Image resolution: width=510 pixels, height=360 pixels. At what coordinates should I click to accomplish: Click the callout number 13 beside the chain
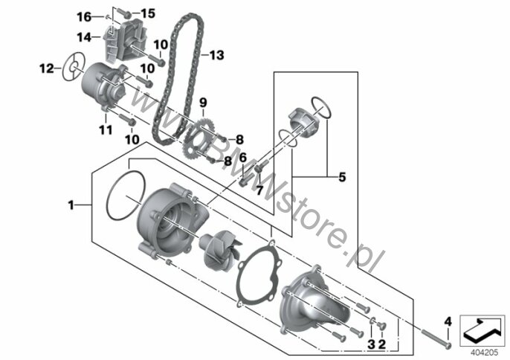(216, 55)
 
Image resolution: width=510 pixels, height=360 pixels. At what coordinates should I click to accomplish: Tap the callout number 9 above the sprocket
(203, 103)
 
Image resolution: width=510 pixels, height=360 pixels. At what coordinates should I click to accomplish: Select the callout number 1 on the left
(71, 205)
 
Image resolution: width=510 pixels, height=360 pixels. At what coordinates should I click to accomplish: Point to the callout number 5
(342, 177)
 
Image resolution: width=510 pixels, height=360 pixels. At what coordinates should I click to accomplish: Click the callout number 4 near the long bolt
(448, 322)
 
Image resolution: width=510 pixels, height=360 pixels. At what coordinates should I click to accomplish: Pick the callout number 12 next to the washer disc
(47, 68)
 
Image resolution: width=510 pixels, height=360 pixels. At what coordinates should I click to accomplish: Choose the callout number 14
(84, 37)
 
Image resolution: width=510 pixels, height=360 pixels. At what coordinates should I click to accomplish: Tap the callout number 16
(84, 16)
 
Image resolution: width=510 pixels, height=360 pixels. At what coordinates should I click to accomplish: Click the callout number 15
(148, 13)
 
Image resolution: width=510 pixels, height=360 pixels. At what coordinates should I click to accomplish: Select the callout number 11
(106, 130)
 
